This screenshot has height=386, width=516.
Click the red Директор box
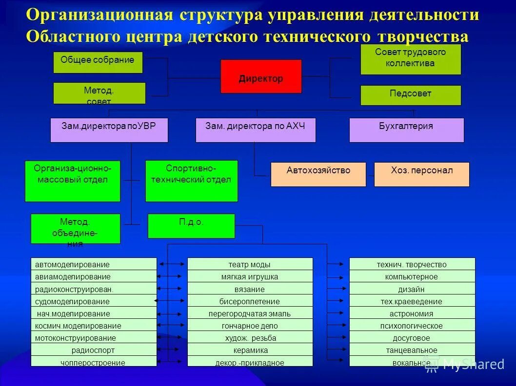(261, 76)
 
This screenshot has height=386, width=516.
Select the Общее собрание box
(98, 62)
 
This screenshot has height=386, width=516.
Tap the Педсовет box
(410, 95)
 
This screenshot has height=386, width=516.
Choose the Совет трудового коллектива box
(410, 59)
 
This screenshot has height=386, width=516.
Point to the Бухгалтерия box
(406, 129)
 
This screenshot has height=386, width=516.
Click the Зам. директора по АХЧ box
(255, 129)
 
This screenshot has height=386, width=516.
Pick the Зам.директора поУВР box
(109, 129)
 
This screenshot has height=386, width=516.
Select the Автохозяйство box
(318, 174)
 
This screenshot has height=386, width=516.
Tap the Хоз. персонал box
(421, 174)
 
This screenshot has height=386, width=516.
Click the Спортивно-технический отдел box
(191, 181)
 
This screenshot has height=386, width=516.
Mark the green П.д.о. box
(191, 226)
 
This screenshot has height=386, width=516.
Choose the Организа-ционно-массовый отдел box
(72, 181)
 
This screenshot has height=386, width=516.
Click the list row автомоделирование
(94, 264)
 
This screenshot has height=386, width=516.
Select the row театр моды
(250, 264)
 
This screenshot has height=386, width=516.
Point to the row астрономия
(412, 313)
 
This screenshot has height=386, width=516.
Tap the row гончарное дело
(250, 326)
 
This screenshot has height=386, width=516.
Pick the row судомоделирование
(94, 301)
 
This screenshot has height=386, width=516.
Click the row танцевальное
(412, 350)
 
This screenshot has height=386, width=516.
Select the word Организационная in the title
(100, 15)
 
